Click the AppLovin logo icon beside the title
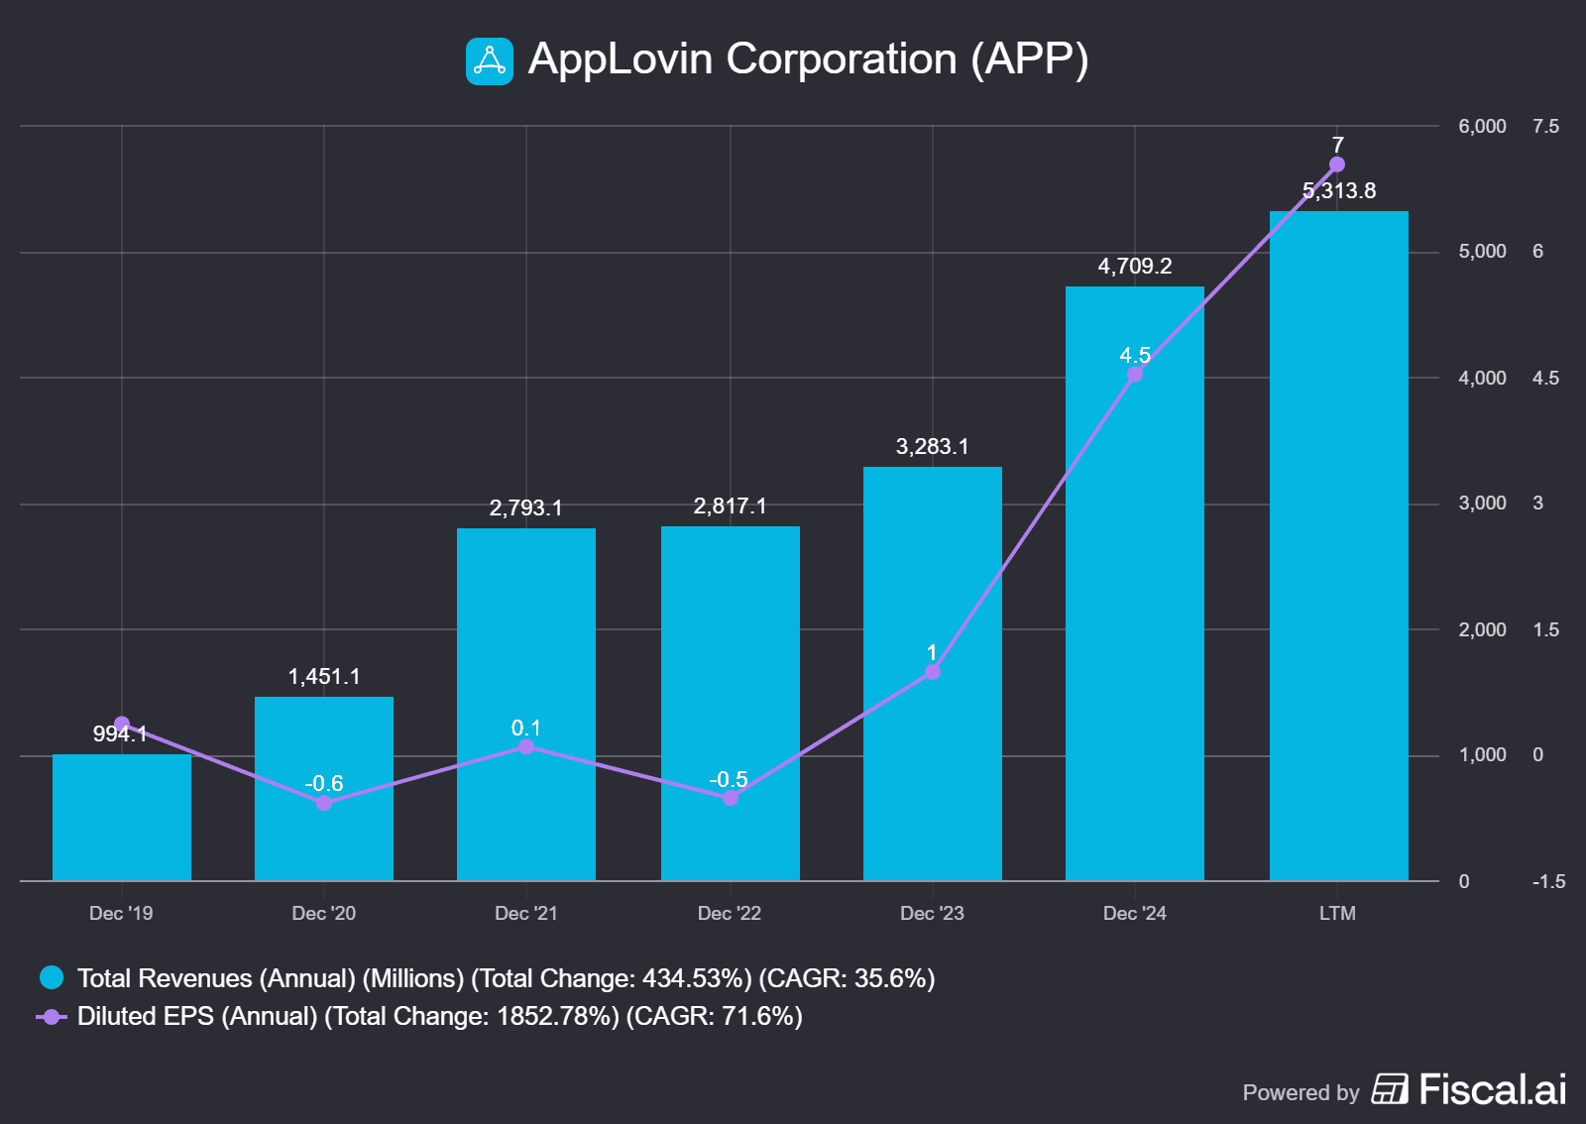(490, 61)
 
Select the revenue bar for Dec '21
(526, 704)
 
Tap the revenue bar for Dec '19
(122, 817)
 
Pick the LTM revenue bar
(1338, 545)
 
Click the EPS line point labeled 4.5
(1135, 374)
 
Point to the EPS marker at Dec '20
(324, 803)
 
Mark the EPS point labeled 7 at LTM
(1337, 165)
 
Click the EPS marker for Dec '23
(933, 672)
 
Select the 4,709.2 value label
(1135, 266)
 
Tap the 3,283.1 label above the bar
(933, 446)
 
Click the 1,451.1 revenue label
(324, 676)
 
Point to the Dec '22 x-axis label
(730, 913)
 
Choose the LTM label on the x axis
(1337, 913)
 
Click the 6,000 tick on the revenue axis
(1482, 126)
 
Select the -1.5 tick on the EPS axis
(1548, 881)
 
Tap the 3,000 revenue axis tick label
(1482, 503)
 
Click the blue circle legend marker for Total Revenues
(52, 978)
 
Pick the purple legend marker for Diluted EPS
(52, 1016)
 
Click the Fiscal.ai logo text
(1492, 1089)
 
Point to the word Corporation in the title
(842, 59)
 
